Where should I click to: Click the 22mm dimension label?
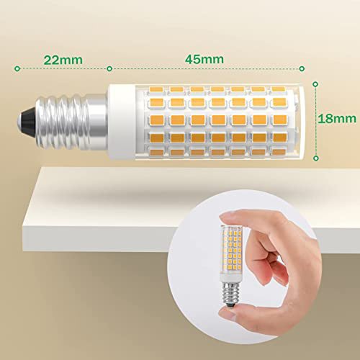pyautogui.click(x=63, y=60)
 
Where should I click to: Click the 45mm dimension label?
pyautogui.click(x=204, y=59)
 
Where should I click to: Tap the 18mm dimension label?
pyautogui.click(x=337, y=119)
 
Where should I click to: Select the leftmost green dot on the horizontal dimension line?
pyautogui.click(x=17, y=68)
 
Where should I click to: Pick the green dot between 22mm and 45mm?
pyautogui.click(x=109, y=69)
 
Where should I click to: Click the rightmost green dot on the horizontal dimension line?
pyautogui.click(x=302, y=69)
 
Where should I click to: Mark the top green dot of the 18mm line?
pyautogui.click(x=315, y=84)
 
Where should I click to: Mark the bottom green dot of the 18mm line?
pyautogui.click(x=316, y=158)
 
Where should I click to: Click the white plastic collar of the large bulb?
pyautogui.click(x=121, y=122)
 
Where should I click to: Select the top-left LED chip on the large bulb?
pyautogui.click(x=156, y=89)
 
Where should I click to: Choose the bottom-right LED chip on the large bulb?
pyautogui.click(x=279, y=152)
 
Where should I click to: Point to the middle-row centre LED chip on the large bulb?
pyautogui.click(x=218, y=120)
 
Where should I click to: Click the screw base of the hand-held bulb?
pyautogui.click(x=230, y=293)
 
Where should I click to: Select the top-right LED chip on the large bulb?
pyautogui.click(x=279, y=89)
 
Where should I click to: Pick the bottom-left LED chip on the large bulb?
pyautogui.click(x=156, y=152)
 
